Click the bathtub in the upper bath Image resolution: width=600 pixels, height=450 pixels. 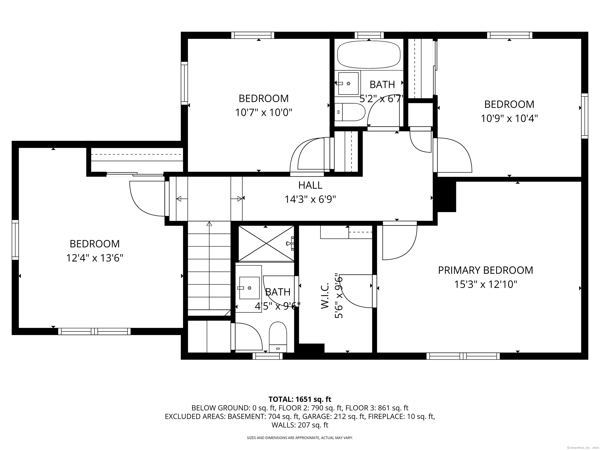click(368, 54)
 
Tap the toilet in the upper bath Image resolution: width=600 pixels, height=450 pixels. click(350, 112)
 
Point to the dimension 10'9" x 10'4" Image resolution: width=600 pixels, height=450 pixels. click(509, 119)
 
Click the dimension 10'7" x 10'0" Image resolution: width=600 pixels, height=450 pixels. click(263, 112)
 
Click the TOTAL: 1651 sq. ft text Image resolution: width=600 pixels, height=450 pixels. click(300, 399)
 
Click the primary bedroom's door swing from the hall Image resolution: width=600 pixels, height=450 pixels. click(399, 241)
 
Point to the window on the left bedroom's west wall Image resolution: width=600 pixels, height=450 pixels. click(15, 240)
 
